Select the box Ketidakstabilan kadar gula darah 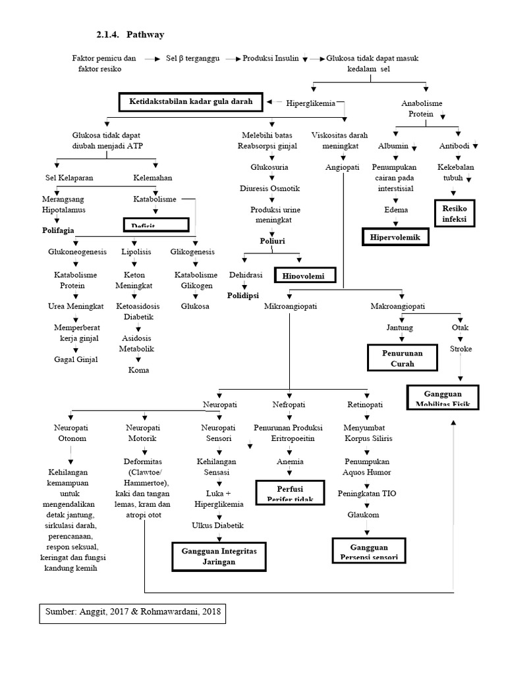tap(190, 102)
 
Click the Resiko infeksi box tap(454, 212)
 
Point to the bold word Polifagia tap(58, 230)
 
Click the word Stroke tap(461, 349)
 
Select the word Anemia tap(290, 461)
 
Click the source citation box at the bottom tap(132, 613)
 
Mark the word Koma tap(138, 370)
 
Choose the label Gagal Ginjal tap(75, 359)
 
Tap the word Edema tap(396, 209)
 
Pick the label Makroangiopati tap(398, 307)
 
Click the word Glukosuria tap(269, 167)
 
